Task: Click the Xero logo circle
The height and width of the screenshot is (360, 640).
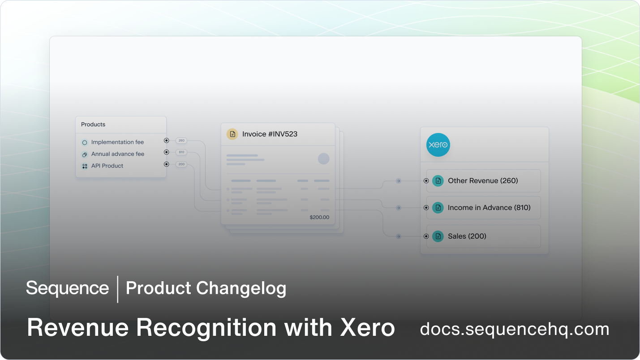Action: tap(438, 145)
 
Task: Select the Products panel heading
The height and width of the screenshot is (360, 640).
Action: tap(93, 124)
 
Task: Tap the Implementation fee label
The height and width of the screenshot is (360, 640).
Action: tap(117, 142)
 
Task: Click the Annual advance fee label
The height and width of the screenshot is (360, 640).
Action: tap(118, 154)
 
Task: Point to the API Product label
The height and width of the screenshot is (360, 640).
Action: tap(107, 166)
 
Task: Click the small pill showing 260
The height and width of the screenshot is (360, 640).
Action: tap(181, 140)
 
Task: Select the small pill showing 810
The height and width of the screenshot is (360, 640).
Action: tap(181, 152)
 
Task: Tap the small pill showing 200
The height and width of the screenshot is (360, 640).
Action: tap(181, 164)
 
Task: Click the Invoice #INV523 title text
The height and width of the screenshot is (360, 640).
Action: tap(270, 134)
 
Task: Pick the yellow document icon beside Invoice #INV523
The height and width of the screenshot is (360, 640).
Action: tap(232, 134)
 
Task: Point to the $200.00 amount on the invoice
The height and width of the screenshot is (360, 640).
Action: tap(319, 217)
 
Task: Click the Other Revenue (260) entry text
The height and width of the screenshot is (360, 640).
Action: tap(483, 180)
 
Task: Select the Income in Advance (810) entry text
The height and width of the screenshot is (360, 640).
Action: tap(489, 207)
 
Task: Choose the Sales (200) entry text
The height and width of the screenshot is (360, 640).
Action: tap(467, 236)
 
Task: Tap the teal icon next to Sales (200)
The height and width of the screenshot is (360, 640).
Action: tap(438, 236)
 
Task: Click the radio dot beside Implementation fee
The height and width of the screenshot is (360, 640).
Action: tap(166, 140)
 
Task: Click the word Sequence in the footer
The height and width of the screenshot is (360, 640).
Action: tap(68, 288)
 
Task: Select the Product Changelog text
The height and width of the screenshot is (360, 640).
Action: tap(206, 288)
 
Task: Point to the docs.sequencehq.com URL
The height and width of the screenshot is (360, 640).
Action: tap(515, 329)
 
